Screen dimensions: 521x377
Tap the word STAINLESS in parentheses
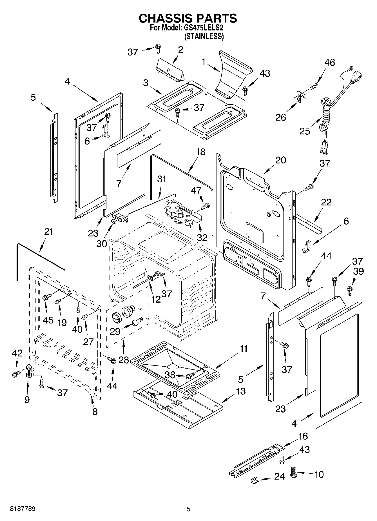(204, 36)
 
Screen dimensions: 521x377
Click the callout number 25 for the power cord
(305, 131)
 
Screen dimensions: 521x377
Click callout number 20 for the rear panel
(280, 160)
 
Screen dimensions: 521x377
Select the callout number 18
(201, 152)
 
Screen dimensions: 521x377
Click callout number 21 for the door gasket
(48, 231)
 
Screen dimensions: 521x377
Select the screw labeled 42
(16, 374)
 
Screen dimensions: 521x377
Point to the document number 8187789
(23, 509)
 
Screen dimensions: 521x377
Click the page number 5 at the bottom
(188, 509)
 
